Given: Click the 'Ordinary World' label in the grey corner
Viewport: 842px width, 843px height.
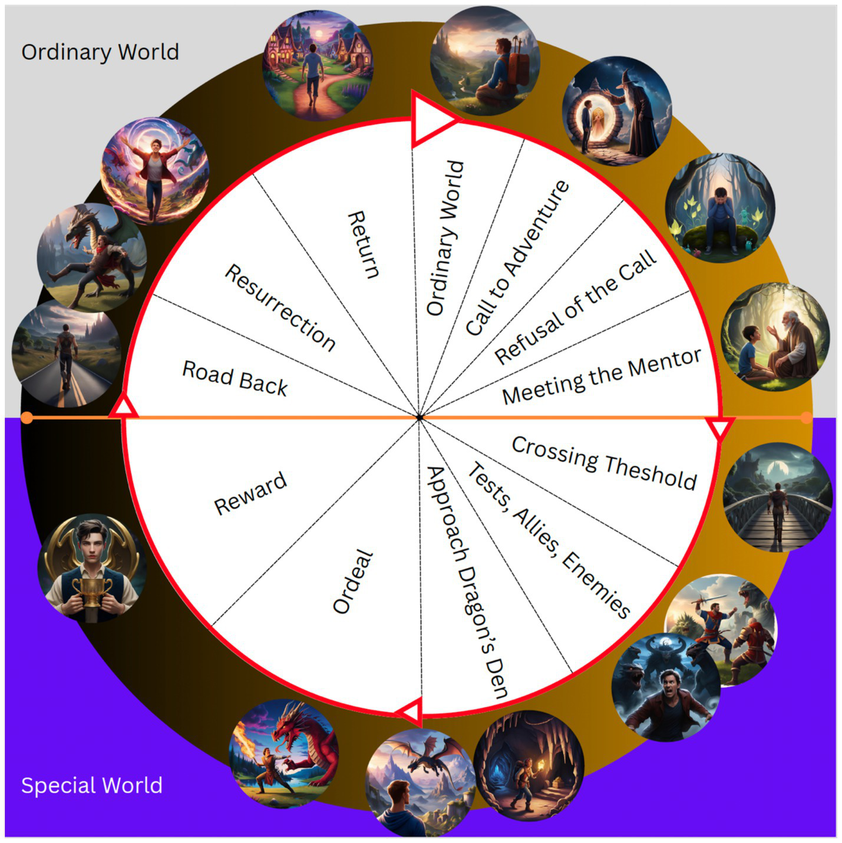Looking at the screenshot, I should pyautogui.click(x=100, y=52).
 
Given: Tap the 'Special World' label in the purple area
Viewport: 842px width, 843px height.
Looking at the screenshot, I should pyautogui.click(x=91, y=785).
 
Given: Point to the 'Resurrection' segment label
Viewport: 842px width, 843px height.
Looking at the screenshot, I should pyautogui.click(x=280, y=308).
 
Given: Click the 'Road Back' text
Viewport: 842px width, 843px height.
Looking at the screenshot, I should pyautogui.click(x=235, y=379).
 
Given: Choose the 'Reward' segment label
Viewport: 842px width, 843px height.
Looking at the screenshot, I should pyautogui.click(x=250, y=493).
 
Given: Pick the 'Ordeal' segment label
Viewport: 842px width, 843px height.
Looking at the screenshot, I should pyautogui.click(x=353, y=582).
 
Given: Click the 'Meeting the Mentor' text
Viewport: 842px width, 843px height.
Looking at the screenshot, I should pyautogui.click(x=602, y=376).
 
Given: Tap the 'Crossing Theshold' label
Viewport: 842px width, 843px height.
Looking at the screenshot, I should pyautogui.click(x=604, y=463).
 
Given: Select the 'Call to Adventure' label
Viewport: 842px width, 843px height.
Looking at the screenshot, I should pyautogui.click(x=517, y=258).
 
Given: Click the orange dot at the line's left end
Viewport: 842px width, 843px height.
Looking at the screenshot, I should pyautogui.click(x=27, y=418).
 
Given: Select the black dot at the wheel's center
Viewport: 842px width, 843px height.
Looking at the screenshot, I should pyautogui.click(x=420, y=418).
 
